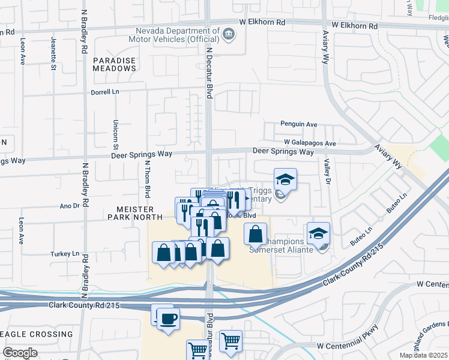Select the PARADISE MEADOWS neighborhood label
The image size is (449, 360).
point(115,64)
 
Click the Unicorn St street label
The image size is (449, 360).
point(115,134)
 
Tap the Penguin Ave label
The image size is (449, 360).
point(298,125)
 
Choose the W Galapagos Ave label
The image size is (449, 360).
point(310,143)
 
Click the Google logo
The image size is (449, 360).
point(20,353)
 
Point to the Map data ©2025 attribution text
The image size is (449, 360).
point(423,355)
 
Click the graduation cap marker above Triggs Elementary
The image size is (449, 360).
point(286,179)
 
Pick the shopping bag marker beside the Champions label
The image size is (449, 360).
point(255,233)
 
